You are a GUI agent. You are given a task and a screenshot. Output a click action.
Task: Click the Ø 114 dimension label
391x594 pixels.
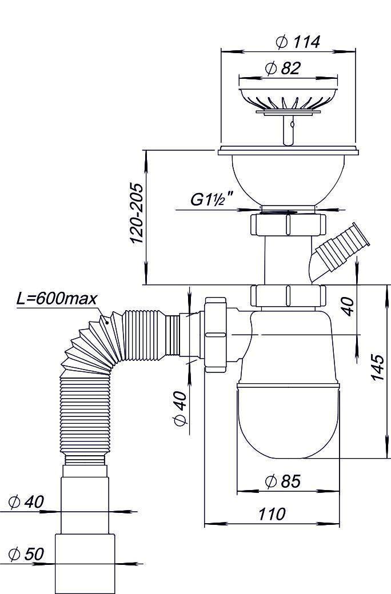point(297,42)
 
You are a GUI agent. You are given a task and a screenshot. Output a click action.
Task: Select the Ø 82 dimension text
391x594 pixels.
point(282,69)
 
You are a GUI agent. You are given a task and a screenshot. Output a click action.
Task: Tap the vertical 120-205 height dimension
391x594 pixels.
point(137,214)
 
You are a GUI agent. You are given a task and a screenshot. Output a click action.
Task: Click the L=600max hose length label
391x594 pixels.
point(57,299)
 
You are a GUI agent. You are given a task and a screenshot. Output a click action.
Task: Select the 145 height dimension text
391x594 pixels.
point(376,367)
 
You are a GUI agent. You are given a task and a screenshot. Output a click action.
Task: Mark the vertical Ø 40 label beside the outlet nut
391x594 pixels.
point(179,409)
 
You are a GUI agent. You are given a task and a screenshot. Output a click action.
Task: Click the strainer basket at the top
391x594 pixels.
point(289,98)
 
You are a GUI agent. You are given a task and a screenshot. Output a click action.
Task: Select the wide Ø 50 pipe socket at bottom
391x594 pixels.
point(85,563)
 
